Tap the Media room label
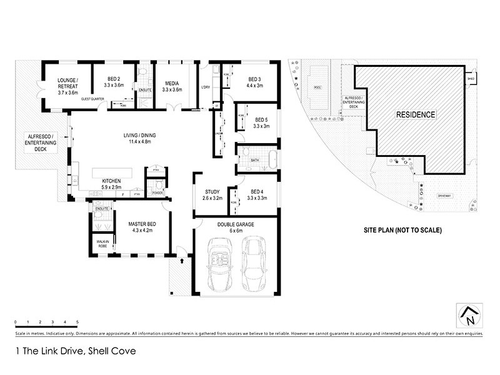172,83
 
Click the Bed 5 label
261,119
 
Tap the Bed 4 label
257,192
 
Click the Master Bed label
142,224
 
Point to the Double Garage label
235,224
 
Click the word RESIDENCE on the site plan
415,114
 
